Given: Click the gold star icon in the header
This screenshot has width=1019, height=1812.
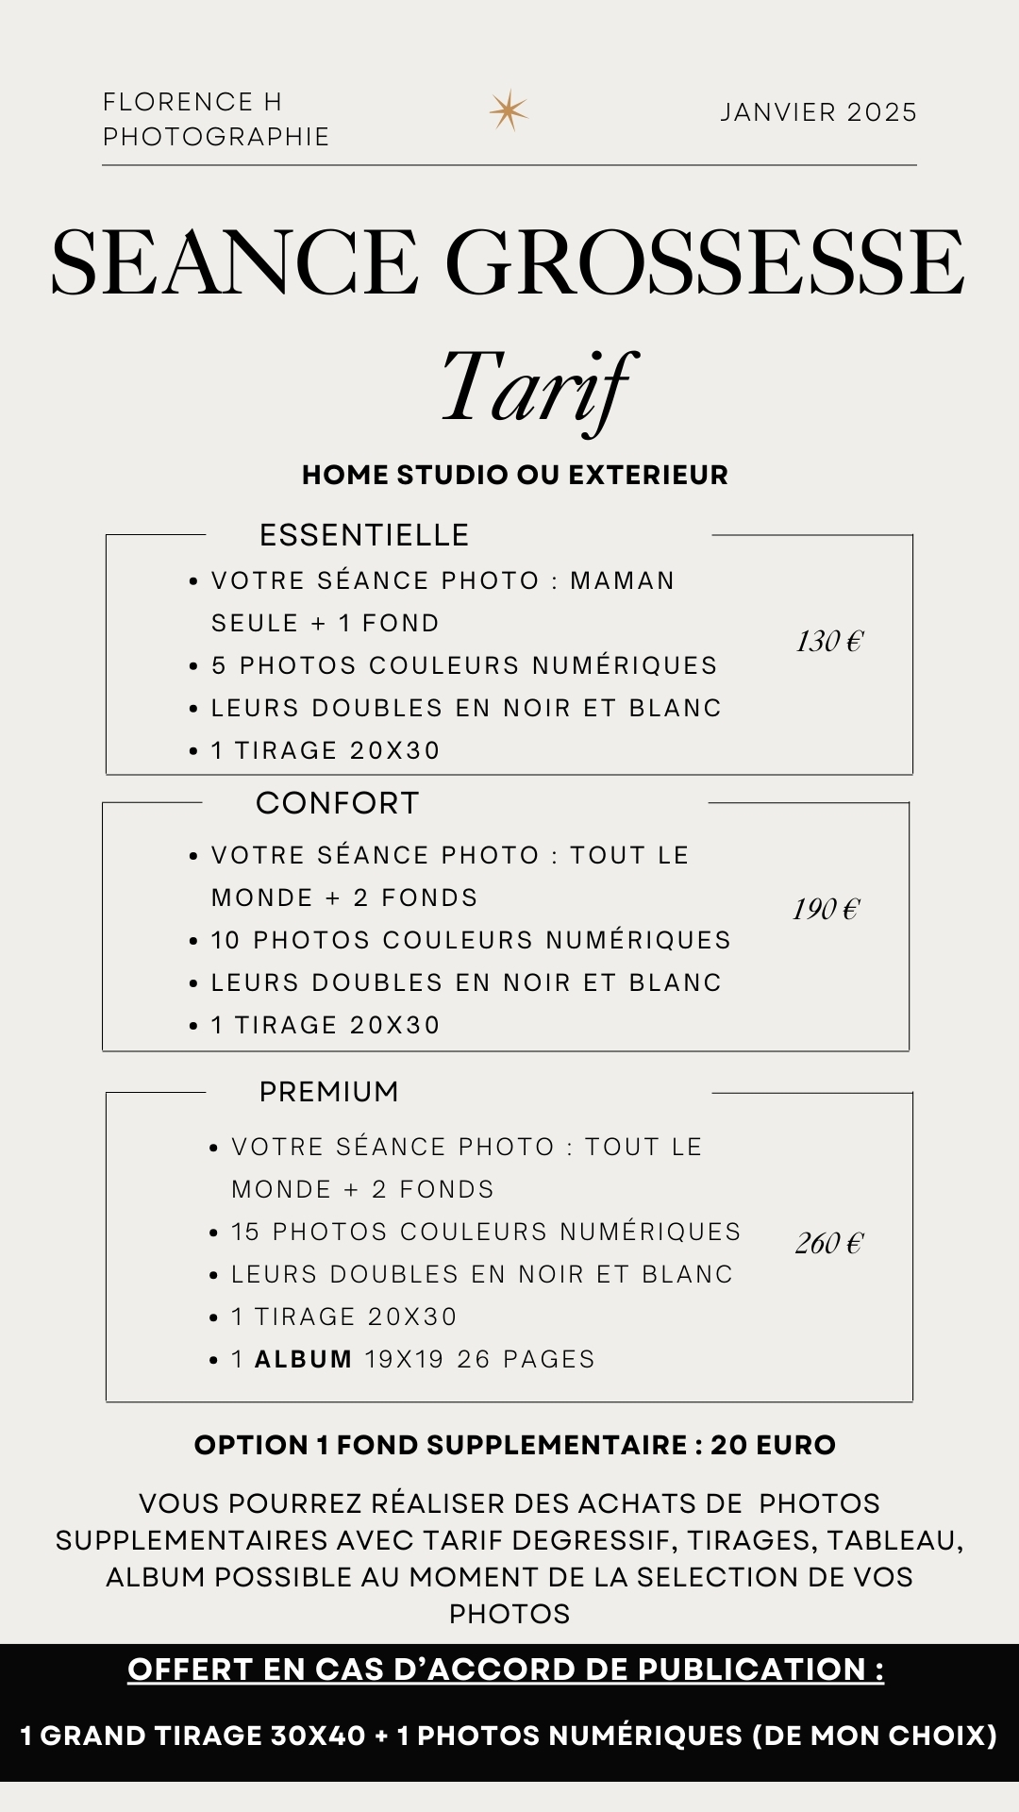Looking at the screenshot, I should click(508, 111).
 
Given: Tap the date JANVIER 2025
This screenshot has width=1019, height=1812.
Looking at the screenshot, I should click(818, 112).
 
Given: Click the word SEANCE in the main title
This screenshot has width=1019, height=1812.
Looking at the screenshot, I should click(234, 262).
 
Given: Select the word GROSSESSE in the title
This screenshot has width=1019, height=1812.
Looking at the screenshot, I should click(705, 262).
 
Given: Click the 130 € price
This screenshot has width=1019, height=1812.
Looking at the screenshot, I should click(828, 642).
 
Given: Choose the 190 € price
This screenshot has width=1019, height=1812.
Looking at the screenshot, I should click(826, 909).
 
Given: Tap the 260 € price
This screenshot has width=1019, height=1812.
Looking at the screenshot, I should click(828, 1243).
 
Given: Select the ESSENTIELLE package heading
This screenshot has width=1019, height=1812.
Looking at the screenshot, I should click(364, 535).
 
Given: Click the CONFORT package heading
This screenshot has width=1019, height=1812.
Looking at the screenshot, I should click(337, 803).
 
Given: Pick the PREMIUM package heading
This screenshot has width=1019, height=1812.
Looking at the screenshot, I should click(329, 1092).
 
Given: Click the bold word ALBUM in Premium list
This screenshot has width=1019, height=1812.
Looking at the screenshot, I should click(303, 1359).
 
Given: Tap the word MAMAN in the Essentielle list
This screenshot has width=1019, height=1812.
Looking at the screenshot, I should click(622, 580).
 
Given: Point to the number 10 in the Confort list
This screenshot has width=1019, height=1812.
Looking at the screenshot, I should click(226, 940).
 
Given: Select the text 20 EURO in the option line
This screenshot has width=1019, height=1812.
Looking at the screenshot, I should click(773, 1445).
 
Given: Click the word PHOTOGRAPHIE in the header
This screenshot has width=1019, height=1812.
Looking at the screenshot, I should click(216, 137).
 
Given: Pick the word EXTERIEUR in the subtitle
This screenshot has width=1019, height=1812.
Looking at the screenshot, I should click(648, 475).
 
